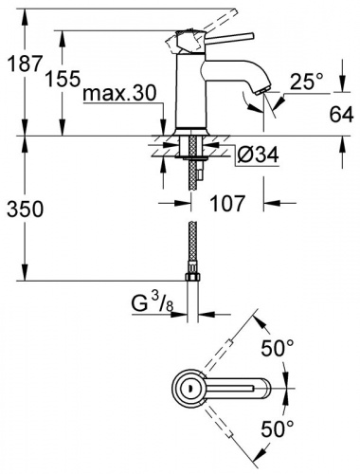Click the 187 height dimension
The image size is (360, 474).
click(25, 63)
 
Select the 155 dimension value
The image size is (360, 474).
click(63, 79)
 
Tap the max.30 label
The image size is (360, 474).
click(120, 93)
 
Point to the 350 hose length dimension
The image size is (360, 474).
click(25, 209)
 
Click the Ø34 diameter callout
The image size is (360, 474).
click(258, 155)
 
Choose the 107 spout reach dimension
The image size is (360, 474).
click(227, 203)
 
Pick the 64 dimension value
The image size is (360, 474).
click(341, 114)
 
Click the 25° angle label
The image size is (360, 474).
click(307, 82)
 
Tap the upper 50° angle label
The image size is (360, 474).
click(278, 347)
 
